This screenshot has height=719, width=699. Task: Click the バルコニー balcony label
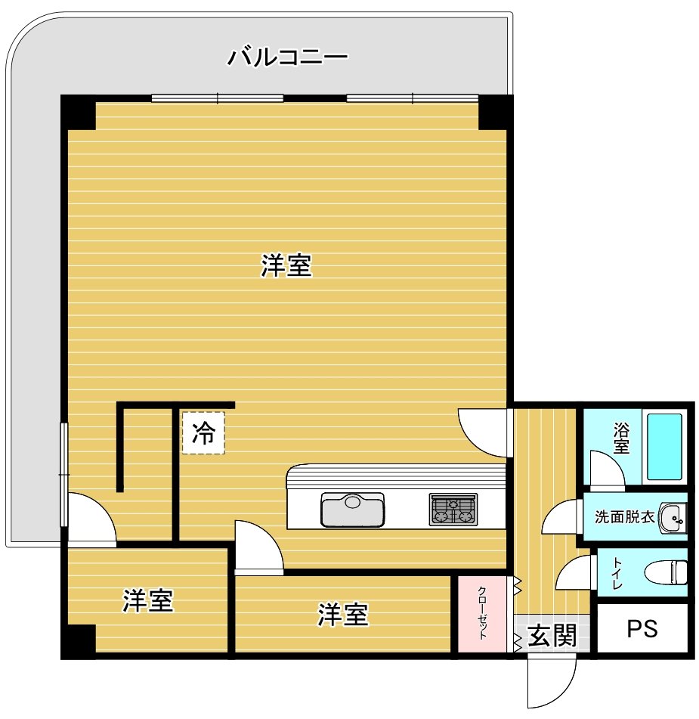(x=288, y=57)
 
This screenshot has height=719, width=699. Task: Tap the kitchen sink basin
(x=352, y=510)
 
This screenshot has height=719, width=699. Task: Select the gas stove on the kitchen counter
(x=453, y=509)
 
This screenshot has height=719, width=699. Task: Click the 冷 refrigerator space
(x=203, y=433)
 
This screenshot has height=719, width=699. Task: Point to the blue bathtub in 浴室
(x=664, y=447)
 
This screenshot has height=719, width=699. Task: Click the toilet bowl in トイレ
(x=666, y=572)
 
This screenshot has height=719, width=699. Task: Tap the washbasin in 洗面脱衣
(x=673, y=517)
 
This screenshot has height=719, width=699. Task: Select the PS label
(x=642, y=629)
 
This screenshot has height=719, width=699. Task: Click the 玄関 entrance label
(x=552, y=635)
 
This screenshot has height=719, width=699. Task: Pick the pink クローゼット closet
(x=481, y=614)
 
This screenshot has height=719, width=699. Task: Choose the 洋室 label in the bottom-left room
(x=147, y=600)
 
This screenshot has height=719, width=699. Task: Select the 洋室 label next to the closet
(x=343, y=615)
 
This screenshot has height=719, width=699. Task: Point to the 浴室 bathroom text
(x=621, y=439)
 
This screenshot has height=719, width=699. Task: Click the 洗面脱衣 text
(x=624, y=517)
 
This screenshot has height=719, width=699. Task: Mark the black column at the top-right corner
(x=495, y=113)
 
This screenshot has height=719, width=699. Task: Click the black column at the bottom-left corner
(x=79, y=642)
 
